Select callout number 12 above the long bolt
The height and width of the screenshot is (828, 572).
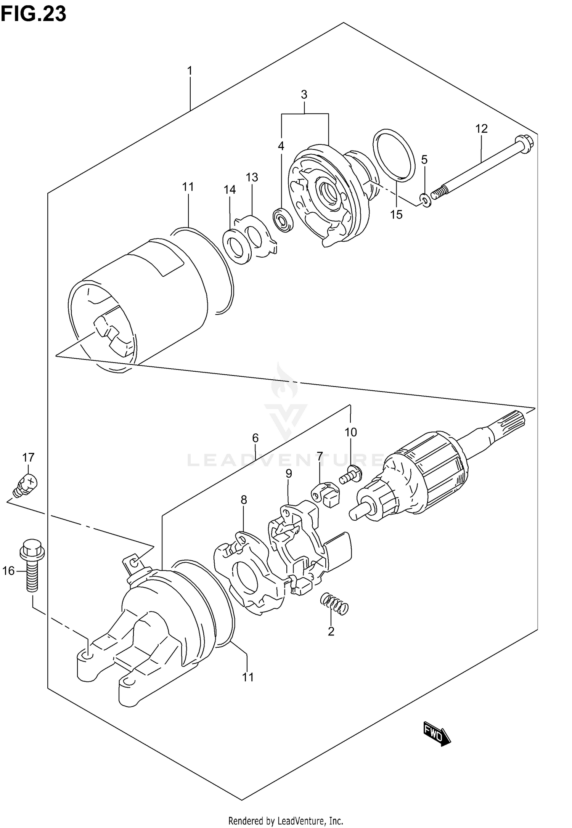click(x=481, y=129)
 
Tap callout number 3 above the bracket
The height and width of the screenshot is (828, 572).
click(x=304, y=95)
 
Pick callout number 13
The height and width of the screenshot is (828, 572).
click(x=252, y=177)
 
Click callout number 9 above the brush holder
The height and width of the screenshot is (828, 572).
click(x=289, y=473)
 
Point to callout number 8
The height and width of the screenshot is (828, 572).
click(x=244, y=499)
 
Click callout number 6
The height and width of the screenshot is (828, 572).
click(x=255, y=438)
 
